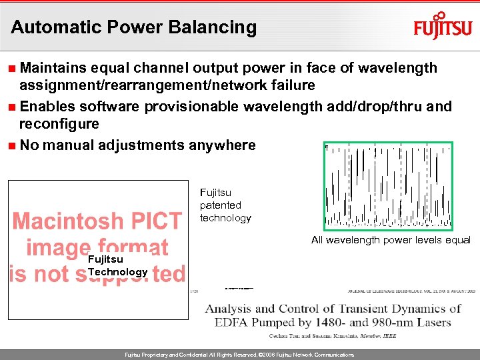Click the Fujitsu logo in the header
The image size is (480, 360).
point(443,27)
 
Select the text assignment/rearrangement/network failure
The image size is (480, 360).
point(167,85)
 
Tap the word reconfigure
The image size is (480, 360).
point(59,124)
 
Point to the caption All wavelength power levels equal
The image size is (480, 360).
point(391,240)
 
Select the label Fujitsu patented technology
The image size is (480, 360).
point(225,205)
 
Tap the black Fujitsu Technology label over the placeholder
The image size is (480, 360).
point(117,266)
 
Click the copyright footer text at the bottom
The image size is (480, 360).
point(240,355)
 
